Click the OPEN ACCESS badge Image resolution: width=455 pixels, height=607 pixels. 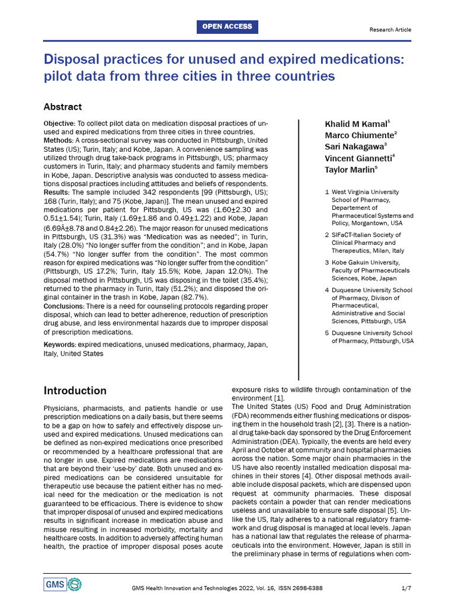tap(227, 27)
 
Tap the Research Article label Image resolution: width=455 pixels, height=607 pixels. tap(390, 30)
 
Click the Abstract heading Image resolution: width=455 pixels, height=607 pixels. tap(63, 107)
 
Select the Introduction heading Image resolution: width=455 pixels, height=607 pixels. tap(75, 391)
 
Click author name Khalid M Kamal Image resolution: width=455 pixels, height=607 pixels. tap(357, 124)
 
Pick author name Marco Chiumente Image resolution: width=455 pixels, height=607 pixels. tap(360, 135)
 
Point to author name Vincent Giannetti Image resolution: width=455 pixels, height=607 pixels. tap(360, 158)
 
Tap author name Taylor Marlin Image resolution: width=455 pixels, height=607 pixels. tap(351, 170)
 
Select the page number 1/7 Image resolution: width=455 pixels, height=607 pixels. tap(405, 587)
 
